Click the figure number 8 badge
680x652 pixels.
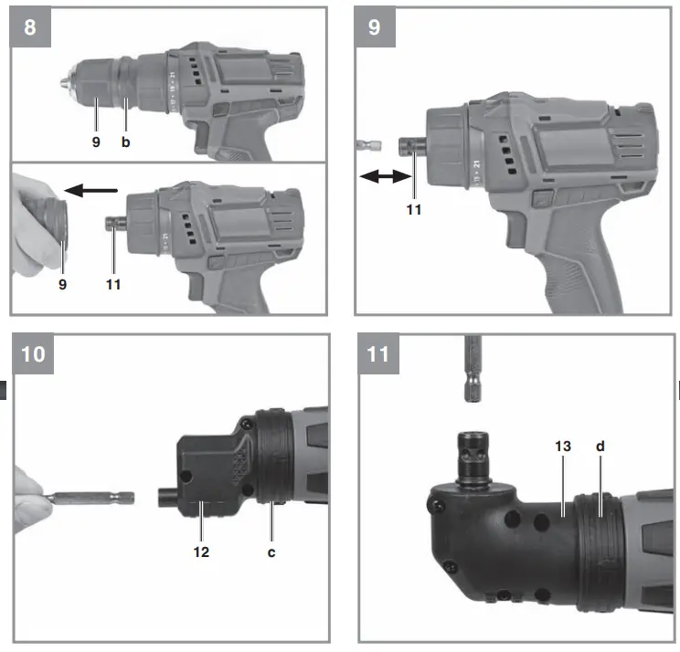(31, 26)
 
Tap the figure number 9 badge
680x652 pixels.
(375, 26)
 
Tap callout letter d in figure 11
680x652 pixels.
(600, 447)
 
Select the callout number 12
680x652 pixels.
(201, 552)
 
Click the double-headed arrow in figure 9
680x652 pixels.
(380, 180)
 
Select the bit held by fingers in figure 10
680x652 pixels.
(91, 499)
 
